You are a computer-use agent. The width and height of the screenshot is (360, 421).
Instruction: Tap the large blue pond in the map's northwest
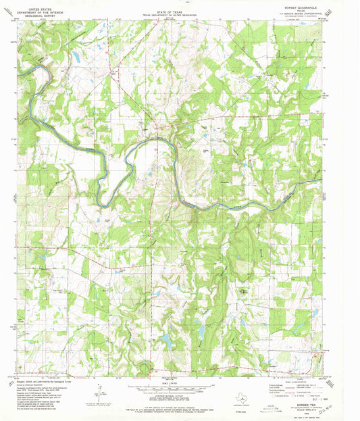click(x=76, y=59)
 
